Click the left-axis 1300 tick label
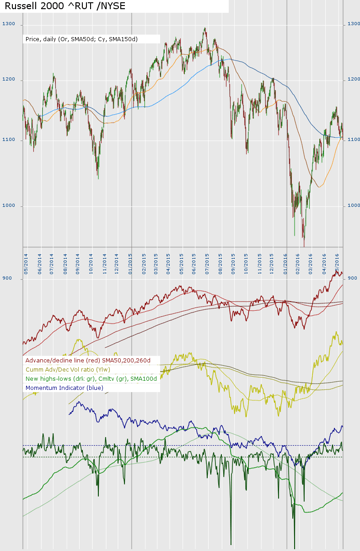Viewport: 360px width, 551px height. pyautogui.click(x=9, y=24)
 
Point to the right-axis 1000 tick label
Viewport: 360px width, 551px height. pyautogui.click(x=354, y=205)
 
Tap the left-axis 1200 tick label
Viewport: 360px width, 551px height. pyautogui.click(x=9, y=80)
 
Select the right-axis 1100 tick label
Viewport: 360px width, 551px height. pyautogui.click(x=354, y=140)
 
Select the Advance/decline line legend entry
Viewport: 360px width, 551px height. pyautogui.click(x=88, y=361)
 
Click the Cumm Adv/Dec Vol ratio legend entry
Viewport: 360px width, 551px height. pyautogui.click(x=68, y=370)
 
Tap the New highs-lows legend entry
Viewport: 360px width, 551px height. pyautogui.click(x=91, y=379)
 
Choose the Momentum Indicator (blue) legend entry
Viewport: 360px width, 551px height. pyautogui.click(x=64, y=388)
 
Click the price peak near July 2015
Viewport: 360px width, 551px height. pyautogui.click(x=204, y=28)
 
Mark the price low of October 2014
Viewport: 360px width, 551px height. pyautogui.click(x=98, y=178)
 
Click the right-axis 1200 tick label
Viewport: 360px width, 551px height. pyautogui.click(x=354, y=80)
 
